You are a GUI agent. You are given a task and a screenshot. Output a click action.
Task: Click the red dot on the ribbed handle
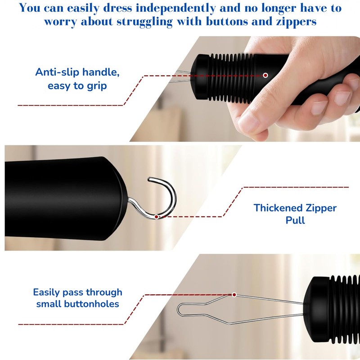pyautogui.click(x=265, y=75)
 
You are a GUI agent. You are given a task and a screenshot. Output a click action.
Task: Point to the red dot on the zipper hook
pyautogui.click(x=156, y=216)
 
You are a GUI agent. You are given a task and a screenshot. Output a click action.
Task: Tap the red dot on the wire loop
pyautogui.click(x=234, y=295)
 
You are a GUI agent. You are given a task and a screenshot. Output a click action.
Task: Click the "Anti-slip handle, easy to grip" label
pyautogui.click(x=77, y=79)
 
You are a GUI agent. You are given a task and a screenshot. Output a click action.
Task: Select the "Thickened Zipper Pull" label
pyautogui.click(x=295, y=214)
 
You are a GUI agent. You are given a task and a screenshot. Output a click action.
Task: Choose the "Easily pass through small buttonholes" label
pyautogui.click(x=77, y=298)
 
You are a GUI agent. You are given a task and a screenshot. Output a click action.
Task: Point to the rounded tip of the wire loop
pyautogui.click(x=180, y=309)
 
